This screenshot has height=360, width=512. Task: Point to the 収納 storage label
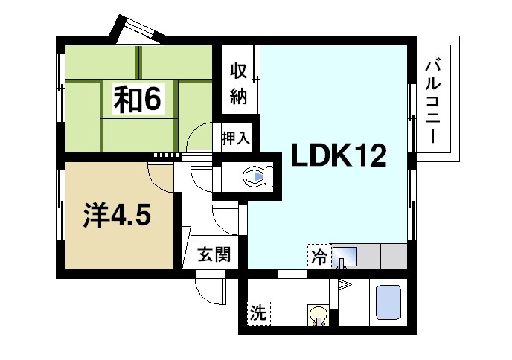237,83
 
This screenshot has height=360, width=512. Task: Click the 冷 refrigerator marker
319,257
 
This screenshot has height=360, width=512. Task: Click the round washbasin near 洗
319,315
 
